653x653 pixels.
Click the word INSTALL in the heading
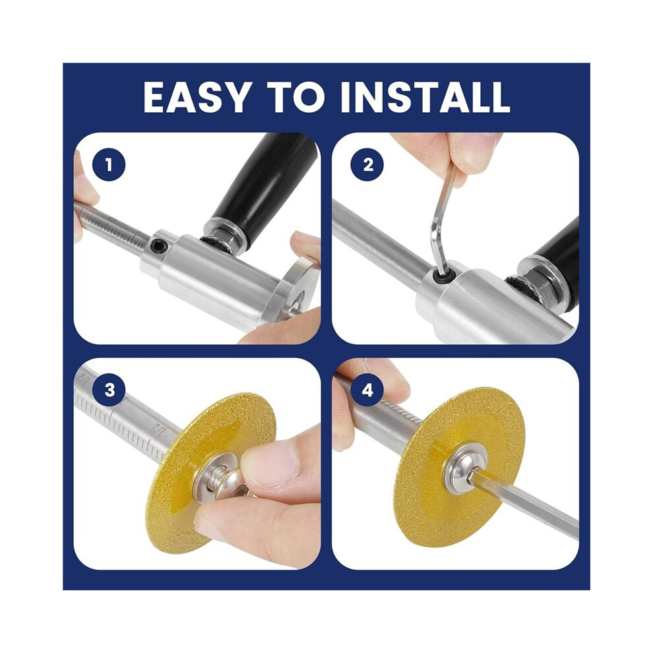coord(425,97)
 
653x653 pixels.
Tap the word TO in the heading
coord(296,97)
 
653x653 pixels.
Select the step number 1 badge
coord(109,166)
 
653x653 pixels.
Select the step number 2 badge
coord(368,166)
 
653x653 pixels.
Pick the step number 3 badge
coord(109,390)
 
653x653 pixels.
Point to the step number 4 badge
coord(368,390)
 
